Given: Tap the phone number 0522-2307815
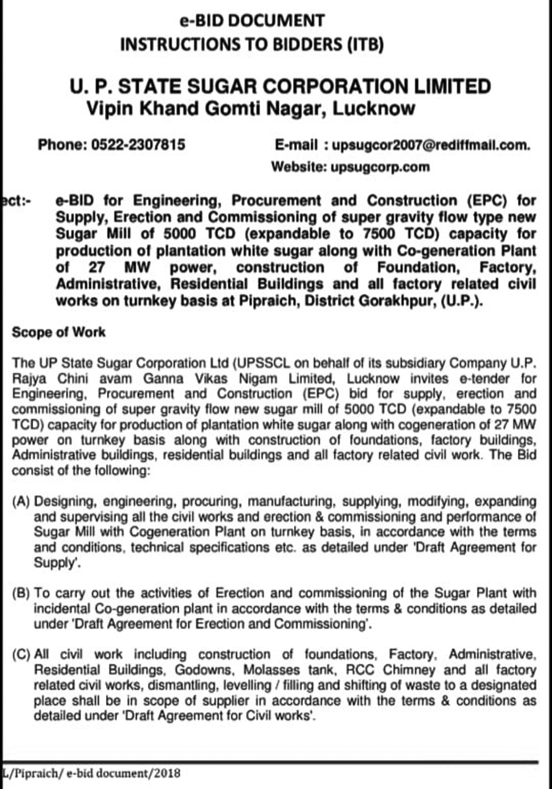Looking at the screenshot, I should click(138, 145).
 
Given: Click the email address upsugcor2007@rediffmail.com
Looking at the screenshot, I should click(431, 145).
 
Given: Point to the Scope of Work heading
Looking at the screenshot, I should click(59, 332).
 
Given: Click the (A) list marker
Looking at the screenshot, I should click(21, 501).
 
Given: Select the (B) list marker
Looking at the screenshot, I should click(21, 593).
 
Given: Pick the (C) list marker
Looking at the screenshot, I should click(21, 655).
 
